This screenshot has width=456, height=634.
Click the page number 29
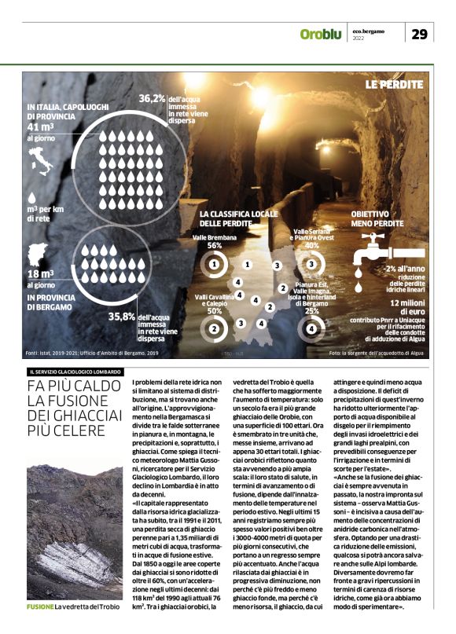[420, 34]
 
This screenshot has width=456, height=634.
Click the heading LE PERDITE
[394, 84]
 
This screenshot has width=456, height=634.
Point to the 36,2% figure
[152, 99]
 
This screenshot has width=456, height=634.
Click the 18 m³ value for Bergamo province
[41, 272]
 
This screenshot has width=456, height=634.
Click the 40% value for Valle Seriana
[311, 245]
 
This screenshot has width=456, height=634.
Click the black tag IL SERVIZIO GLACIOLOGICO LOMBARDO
[74, 371]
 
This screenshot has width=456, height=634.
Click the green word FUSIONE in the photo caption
[40, 607]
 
